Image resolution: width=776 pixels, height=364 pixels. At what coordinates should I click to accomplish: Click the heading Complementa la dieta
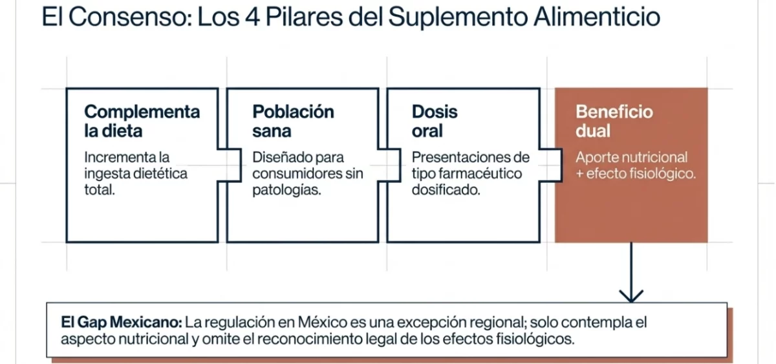coord(142,121)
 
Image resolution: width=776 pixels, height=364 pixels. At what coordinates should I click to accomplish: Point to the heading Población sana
coord(293,121)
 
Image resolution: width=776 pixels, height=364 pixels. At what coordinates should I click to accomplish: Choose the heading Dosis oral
coord(435,121)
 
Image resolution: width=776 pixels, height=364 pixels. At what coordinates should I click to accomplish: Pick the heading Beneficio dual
coord(605,121)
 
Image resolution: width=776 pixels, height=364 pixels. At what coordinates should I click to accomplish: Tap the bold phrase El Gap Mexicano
coord(122,321)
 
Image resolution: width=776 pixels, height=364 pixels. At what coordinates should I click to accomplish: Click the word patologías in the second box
coord(286,191)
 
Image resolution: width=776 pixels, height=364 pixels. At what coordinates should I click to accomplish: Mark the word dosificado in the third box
coord(446,191)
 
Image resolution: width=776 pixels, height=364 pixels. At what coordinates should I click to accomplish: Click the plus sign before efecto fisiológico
coord(580,174)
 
